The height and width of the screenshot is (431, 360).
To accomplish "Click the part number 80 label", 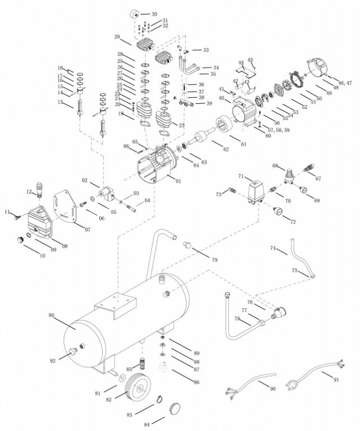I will [x=51, y=316].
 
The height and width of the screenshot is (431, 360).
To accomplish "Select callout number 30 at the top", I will [x=154, y=13].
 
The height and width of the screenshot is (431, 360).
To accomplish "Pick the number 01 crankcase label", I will [x=179, y=181].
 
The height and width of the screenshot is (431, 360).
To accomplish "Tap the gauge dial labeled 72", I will [x=278, y=214].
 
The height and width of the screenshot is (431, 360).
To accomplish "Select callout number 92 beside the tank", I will [x=53, y=361].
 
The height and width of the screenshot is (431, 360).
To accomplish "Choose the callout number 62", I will [x=226, y=149].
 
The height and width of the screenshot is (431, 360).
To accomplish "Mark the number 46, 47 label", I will [x=345, y=83].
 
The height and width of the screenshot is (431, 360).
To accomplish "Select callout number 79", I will [x=214, y=260].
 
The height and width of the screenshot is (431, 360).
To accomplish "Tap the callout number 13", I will [x=60, y=102].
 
